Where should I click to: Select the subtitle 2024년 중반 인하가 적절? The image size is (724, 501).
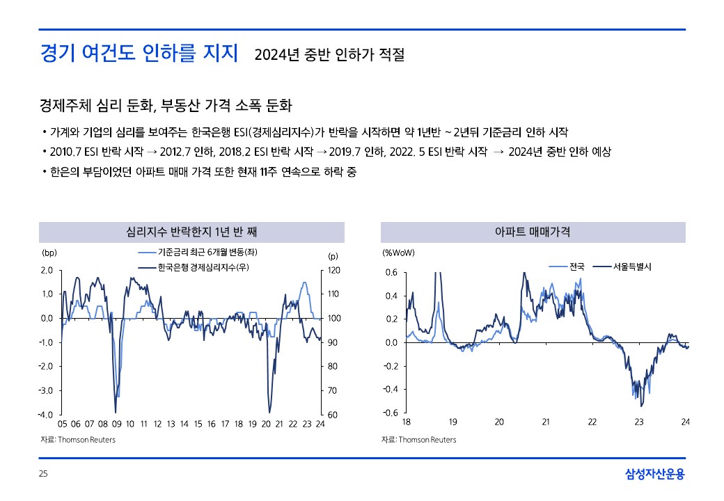coord(329,54)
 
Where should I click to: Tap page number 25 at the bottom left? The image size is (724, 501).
coord(43,475)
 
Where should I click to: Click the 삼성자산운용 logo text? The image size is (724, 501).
coord(654,475)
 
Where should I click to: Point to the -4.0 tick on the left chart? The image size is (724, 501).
coord(47,415)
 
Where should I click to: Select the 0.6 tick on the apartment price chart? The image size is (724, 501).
coord(391,273)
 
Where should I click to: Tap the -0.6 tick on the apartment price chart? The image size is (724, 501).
coord(391,413)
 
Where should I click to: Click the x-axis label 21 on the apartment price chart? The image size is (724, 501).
coord(546,422)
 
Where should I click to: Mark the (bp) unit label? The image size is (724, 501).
coord(49,253)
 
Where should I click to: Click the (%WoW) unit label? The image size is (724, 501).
coord(398,253)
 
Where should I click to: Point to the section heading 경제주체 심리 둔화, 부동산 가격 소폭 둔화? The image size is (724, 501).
coord(166,106)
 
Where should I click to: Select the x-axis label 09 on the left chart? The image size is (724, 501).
coord(116,423)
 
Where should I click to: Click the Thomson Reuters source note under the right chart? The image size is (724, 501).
coord(419,440)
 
